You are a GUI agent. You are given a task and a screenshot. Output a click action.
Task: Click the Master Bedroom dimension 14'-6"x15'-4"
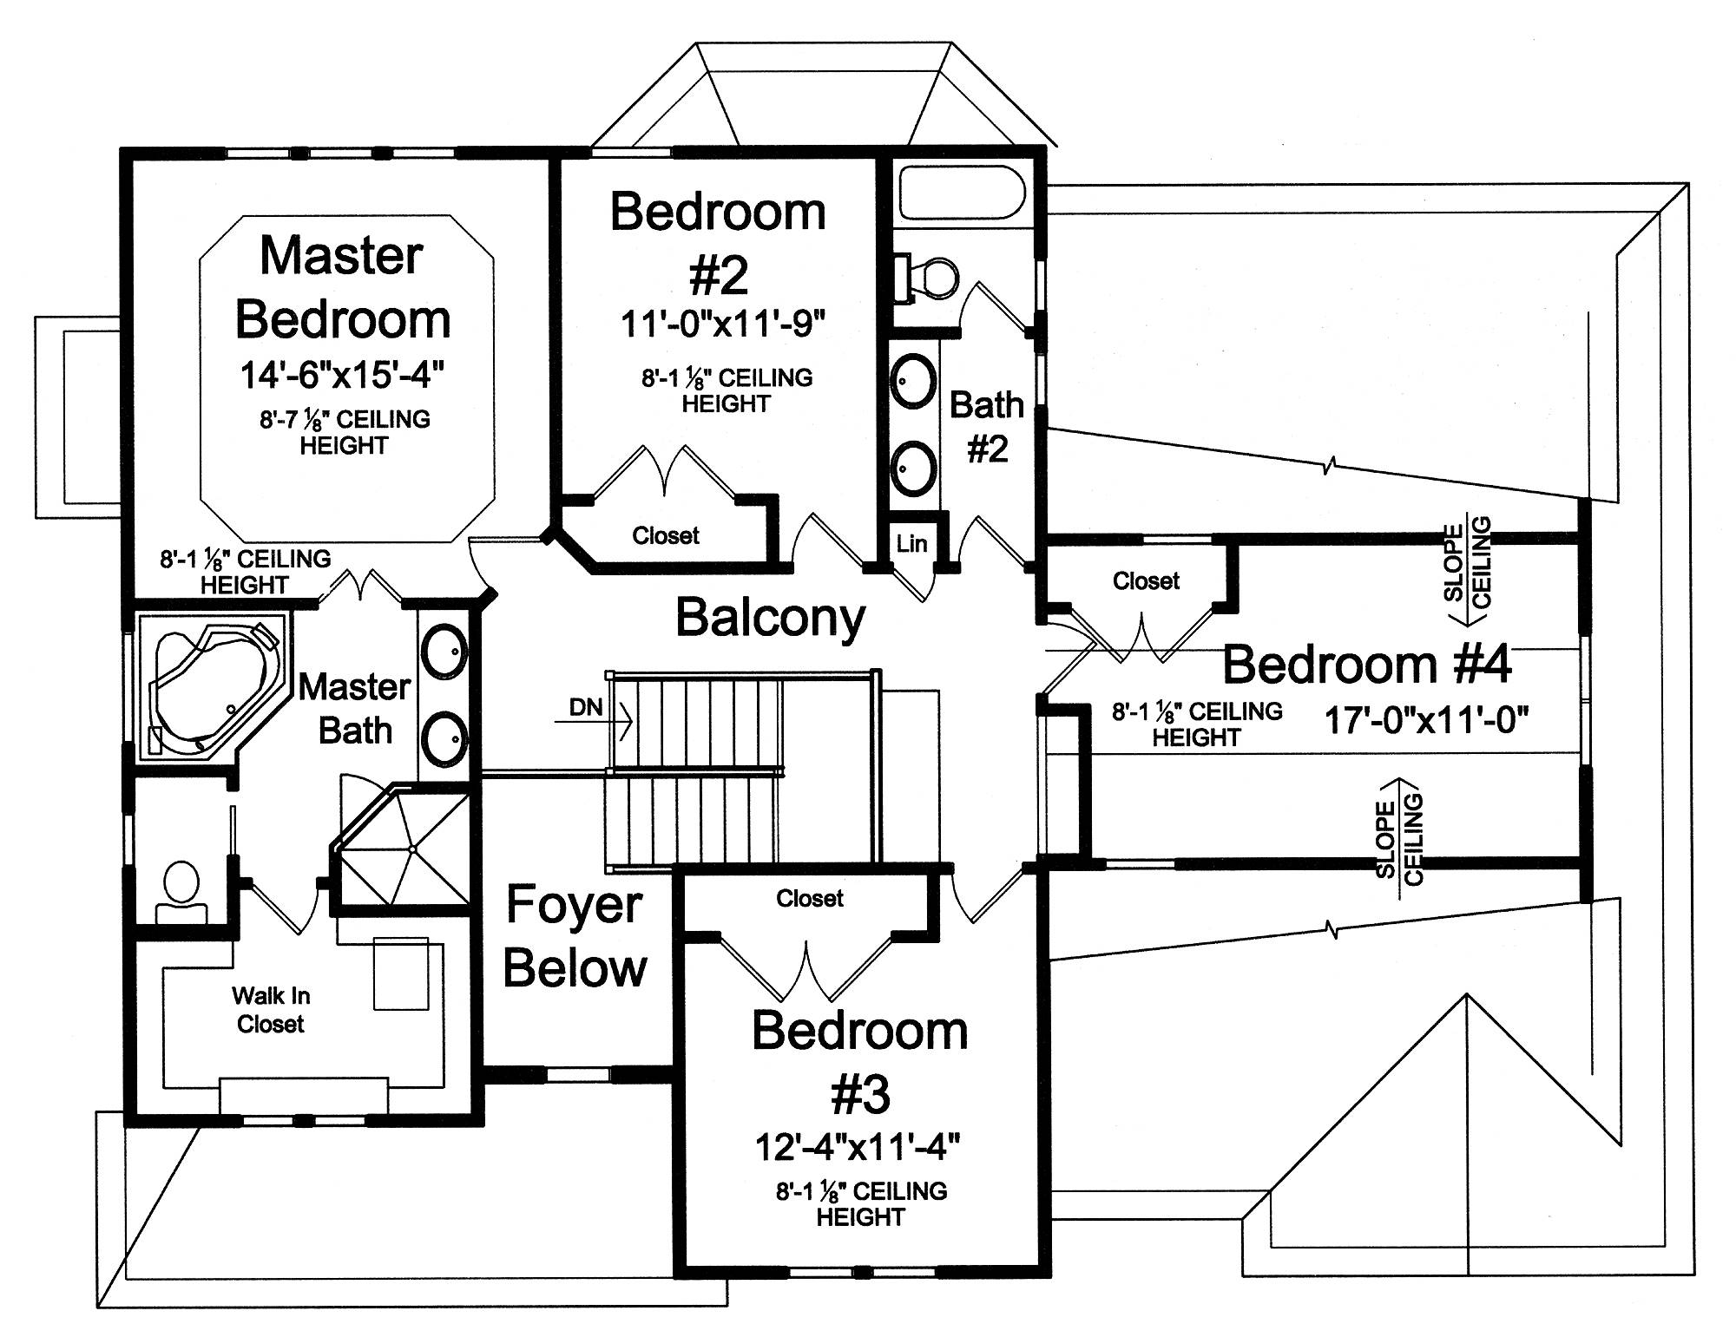[342, 375]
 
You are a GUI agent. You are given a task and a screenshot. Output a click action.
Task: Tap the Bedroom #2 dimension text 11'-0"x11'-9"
[722, 324]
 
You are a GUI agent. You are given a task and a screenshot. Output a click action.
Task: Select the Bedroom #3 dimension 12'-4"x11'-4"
[858, 1148]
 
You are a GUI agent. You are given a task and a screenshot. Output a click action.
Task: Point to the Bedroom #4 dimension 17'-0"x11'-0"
[1426, 720]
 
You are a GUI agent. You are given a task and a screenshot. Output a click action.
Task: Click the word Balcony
[771, 619]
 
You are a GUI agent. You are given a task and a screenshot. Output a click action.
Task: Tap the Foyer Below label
[575, 936]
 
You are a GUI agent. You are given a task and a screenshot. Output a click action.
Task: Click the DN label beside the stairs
[586, 707]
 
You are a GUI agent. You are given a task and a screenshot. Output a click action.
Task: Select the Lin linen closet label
[912, 544]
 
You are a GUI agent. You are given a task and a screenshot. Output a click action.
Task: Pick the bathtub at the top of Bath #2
[963, 193]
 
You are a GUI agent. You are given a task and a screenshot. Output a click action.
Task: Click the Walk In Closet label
[271, 1010]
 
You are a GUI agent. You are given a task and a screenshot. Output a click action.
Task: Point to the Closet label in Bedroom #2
[666, 536]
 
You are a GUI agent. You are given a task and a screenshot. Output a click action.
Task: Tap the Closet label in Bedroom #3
[810, 899]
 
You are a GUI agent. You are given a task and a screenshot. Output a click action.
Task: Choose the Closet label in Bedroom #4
[1147, 581]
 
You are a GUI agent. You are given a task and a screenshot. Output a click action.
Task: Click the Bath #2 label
[987, 427]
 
